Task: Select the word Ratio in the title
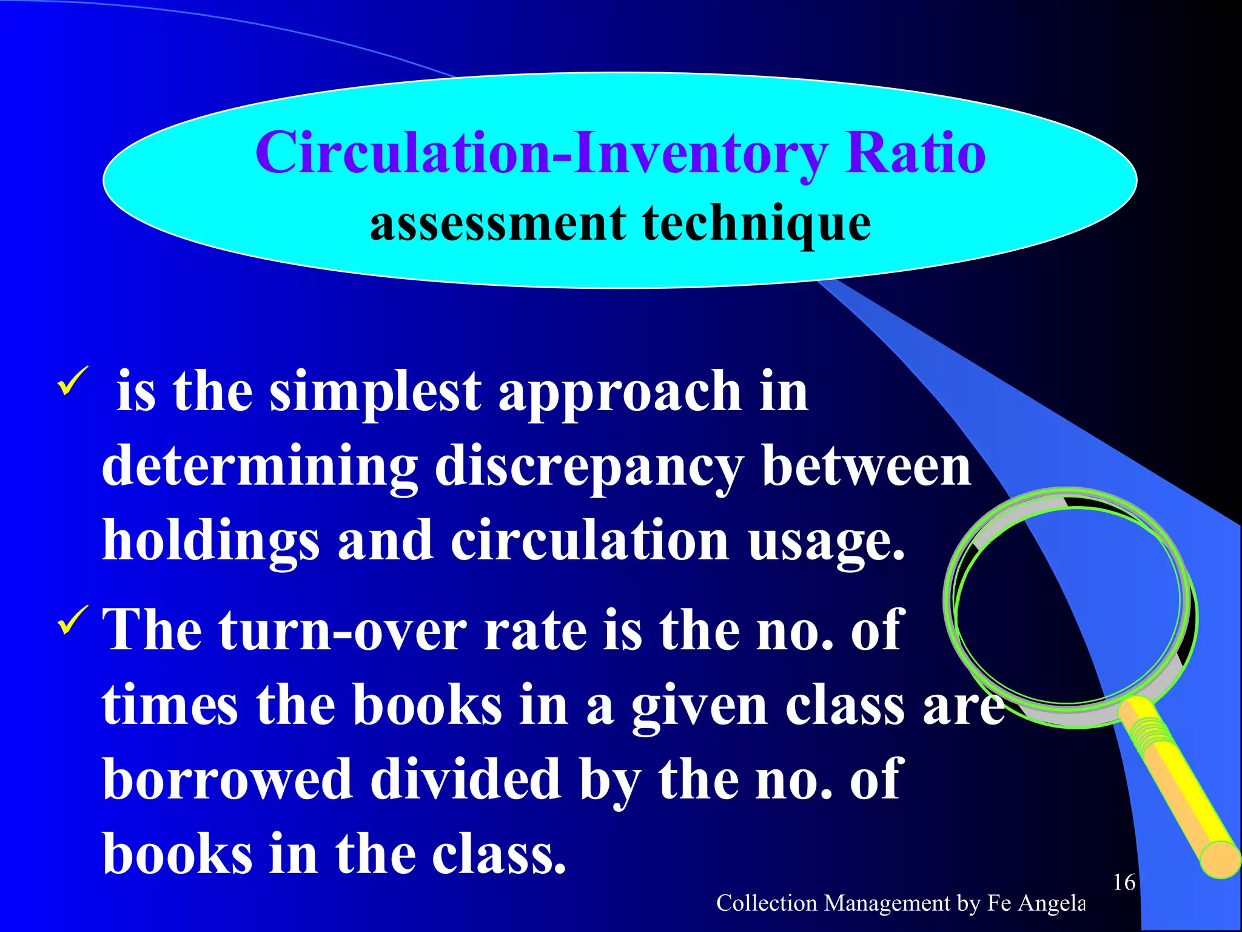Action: coord(915,154)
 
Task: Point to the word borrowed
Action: coord(227,780)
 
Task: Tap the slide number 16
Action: coord(1124,882)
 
